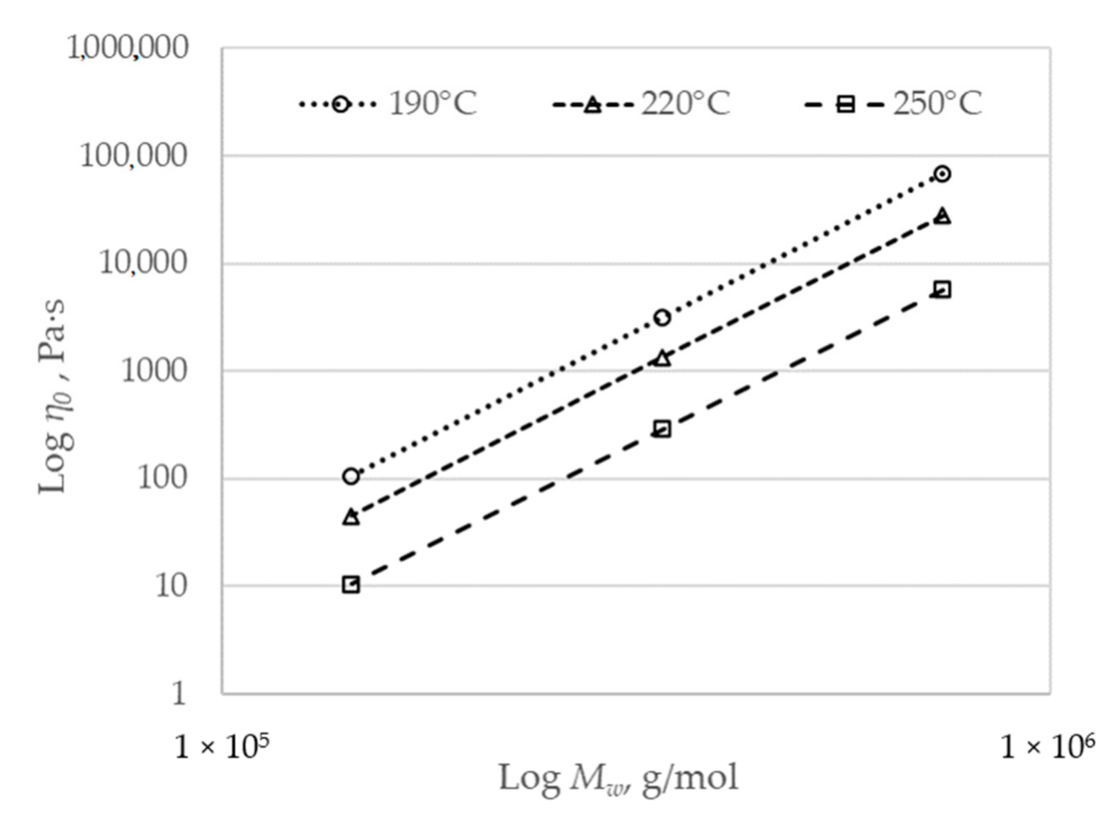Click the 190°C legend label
pyautogui.click(x=432, y=104)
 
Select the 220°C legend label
pyautogui.click(x=685, y=104)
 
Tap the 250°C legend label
pyautogui.click(x=936, y=104)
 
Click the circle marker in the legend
pyautogui.click(x=340, y=104)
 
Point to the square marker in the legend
pyautogui.click(x=845, y=104)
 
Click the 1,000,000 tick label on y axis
pyautogui.click(x=128, y=48)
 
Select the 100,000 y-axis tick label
pyautogui.click(x=133, y=156)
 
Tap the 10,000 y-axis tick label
pyautogui.click(x=143, y=263)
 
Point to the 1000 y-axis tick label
pyautogui.click(x=154, y=371)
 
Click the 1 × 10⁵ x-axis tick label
pyautogui.click(x=222, y=746)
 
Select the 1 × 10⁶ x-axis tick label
pyautogui.click(x=1047, y=746)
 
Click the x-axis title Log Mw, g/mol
pyautogui.click(x=618, y=778)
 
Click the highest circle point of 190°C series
pyautogui.click(x=942, y=174)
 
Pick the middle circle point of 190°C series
pyautogui.click(x=662, y=318)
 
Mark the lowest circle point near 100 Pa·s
pyautogui.click(x=351, y=477)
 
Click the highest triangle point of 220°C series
pyautogui.click(x=942, y=216)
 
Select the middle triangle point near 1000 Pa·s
pyautogui.click(x=662, y=359)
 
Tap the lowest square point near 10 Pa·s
pyautogui.click(x=351, y=585)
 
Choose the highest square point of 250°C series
pyautogui.click(x=942, y=290)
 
